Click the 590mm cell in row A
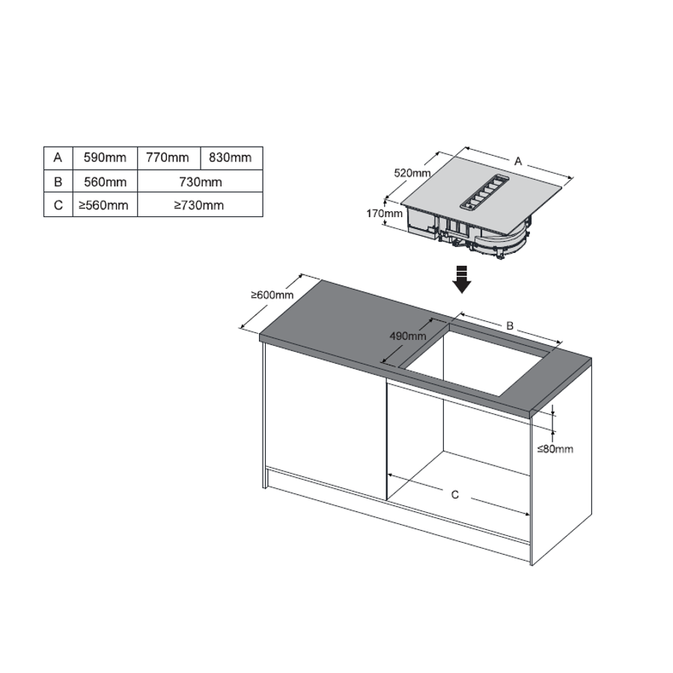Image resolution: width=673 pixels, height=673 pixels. tap(105, 158)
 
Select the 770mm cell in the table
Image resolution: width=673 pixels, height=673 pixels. tap(168, 158)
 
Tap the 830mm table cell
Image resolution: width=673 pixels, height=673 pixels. tap(231, 158)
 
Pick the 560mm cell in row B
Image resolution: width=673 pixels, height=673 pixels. tap(105, 182)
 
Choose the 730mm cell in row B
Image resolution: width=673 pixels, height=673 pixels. tap(200, 182)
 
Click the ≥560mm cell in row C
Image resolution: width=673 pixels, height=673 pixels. tap(105, 204)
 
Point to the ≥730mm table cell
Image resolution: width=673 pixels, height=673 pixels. tap(200, 204)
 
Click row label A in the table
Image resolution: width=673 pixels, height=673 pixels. tap(58, 158)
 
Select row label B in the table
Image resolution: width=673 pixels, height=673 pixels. tap(58, 182)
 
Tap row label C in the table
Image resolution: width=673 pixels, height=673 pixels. tap(58, 204)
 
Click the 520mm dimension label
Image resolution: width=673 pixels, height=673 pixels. tap(412, 173)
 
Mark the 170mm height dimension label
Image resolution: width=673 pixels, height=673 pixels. tap(384, 213)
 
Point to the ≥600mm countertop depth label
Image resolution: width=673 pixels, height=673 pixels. tap(272, 295)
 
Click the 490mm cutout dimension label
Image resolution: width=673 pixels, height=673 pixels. tap(408, 335)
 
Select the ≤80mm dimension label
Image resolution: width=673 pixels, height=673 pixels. tap(555, 449)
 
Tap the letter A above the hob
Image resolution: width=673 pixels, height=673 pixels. tap(518, 162)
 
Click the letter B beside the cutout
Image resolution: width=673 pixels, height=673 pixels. tap(510, 326)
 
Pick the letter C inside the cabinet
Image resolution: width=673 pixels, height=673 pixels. tap(455, 495)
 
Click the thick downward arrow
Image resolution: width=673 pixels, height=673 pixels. tap(462, 279)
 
